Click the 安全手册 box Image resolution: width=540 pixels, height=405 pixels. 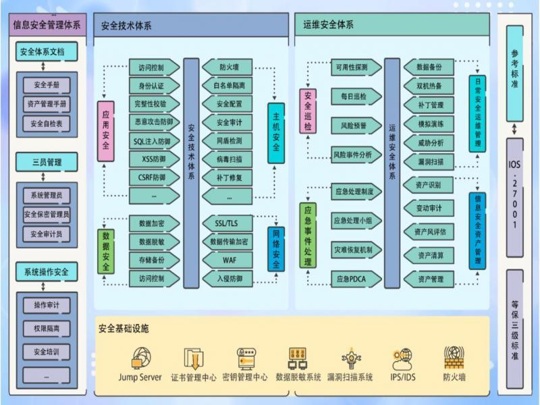tap(46, 85)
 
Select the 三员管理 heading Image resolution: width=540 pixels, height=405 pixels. tap(46, 162)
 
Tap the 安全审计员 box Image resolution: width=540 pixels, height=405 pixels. tap(46, 234)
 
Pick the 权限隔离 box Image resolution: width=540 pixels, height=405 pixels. tap(46, 329)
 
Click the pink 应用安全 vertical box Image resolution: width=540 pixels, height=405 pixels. tap(106, 132)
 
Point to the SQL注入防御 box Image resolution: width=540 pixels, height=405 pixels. tap(154, 141)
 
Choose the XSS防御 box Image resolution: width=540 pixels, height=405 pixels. tap(154, 159)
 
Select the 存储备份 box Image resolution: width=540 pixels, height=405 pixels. tap(154, 260)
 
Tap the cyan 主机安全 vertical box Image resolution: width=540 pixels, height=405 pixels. tap(276, 133)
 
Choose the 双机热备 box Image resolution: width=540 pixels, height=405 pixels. tap(429, 86)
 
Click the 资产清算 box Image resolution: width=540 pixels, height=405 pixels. tap(429, 255)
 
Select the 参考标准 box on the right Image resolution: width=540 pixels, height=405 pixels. tap(515, 64)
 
